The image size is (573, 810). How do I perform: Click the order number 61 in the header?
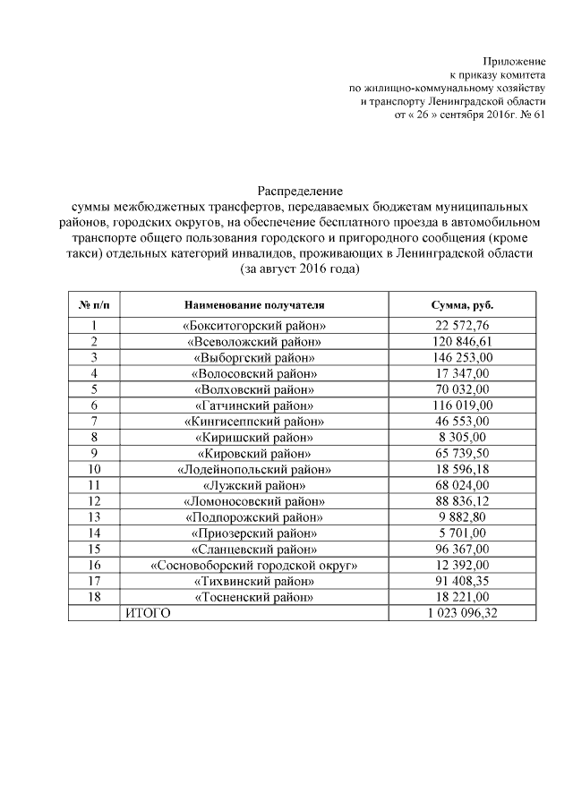click(538, 116)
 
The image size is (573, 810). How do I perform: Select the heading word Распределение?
click(301, 191)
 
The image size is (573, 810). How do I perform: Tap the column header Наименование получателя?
click(255, 305)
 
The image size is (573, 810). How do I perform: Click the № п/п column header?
click(94, 305)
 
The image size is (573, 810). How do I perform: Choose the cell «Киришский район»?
click(255, 438)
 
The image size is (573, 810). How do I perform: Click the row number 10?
click(94, 469)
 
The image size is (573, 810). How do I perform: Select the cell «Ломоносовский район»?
click(255, 501)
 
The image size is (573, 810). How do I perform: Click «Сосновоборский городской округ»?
click(255, 565)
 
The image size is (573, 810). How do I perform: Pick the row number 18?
click(94, 597)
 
